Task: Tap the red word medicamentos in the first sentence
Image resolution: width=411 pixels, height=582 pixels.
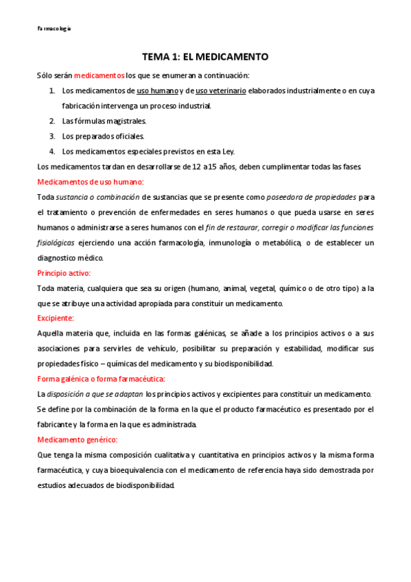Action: pos(99,75)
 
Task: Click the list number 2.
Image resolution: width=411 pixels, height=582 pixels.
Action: pos(51,121)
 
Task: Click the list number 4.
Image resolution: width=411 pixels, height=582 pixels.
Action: pos(51,151)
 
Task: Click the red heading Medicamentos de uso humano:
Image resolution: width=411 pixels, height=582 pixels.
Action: pos(90,182)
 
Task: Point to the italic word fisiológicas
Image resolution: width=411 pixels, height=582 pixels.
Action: pos(56,242)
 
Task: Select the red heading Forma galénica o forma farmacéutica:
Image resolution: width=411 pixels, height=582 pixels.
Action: pos(101,379)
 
